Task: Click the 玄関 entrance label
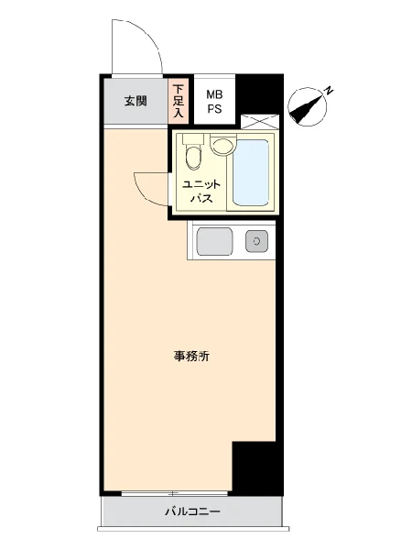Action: [136, 102]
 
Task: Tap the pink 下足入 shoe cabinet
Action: [179, 101]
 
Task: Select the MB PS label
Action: [214, 102]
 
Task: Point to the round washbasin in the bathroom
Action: [222, 146]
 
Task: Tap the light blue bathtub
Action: [251, 173]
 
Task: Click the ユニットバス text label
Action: [201, 192]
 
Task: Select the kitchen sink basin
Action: [214, 241]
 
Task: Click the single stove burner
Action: [256, 241]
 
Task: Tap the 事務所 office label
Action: [191, 357]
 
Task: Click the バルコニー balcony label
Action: [192, 511]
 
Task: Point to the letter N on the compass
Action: [328, 91]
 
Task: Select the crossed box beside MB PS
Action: [260, 122]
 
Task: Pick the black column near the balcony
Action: [258, 468]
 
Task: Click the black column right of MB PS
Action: [259, 94]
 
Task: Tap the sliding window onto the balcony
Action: [174, 493]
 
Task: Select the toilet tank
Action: [193, 138]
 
